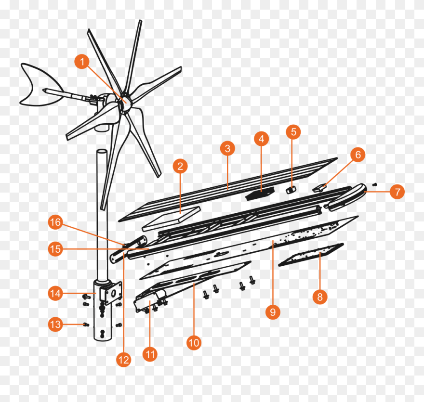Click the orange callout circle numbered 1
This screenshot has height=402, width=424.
click(x=82, y=61)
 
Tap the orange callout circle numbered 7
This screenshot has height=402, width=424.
click(x=397, y=192)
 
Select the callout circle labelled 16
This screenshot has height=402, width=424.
click(x=56, y=222)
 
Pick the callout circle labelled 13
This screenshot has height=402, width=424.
click(x=56, y=324)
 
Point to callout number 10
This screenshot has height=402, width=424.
click(x=194, y=343)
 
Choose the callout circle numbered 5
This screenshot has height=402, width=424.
click(x=293, y=132)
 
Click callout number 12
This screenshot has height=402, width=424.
click(x=123, y=360)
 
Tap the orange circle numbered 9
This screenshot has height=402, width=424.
click(x=273, y=312)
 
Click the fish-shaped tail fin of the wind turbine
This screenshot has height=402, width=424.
click(x=40, y=85)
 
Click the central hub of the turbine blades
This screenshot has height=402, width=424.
click(x=125, y=102)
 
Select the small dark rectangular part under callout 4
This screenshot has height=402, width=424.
click(x=260, y=193)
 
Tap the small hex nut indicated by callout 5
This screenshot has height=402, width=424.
click(x=290, y=190)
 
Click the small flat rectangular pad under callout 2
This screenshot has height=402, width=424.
click(x=172, y=219)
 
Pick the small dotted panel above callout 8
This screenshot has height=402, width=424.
click(x=311, y=255)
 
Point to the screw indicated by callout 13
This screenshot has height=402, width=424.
click(x=86, y=324)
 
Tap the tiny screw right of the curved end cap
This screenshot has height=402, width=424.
click(x=374, y=184)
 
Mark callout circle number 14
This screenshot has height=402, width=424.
click(x=56, y=293)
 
